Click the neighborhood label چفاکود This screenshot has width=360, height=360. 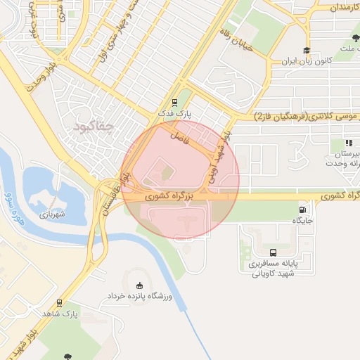[93, 127]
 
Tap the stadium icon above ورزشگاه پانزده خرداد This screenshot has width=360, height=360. [139, 285]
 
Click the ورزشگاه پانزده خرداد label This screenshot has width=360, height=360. [139, 297]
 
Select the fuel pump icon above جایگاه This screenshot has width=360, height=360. [303, 209]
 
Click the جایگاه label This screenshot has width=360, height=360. [303, 220]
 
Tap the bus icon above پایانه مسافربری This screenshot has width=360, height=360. [272, 252]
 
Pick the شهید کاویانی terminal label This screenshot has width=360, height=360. [272, 274]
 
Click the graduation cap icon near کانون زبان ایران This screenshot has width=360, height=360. [306, 51]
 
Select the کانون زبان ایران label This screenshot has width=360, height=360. [286, 62]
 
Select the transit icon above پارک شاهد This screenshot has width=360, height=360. [60, 304]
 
